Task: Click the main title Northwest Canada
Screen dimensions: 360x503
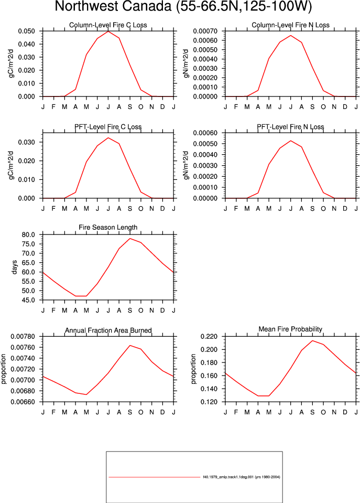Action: point(113,6)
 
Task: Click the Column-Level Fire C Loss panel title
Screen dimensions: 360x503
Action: point(108,25)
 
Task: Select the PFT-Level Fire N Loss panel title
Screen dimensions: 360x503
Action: point(290,127)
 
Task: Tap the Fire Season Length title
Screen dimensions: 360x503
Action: point(108,228)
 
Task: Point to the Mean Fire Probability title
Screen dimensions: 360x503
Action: point(290,329)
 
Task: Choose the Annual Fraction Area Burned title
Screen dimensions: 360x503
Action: point(108,330)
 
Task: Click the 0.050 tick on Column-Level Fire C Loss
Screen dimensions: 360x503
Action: point(26,31)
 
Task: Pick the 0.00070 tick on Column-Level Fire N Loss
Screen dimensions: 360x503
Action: point(205,31)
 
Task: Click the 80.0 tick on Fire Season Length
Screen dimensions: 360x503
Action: point(28,234)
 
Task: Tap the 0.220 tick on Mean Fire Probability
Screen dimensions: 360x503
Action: point(209,337)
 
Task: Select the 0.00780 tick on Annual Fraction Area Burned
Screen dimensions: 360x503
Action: point(23,337)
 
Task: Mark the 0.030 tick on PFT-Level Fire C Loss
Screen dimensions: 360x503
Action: point(26,142)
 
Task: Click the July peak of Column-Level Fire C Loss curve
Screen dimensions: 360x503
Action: point(108,31)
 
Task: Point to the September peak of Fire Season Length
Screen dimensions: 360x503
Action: point(130,238)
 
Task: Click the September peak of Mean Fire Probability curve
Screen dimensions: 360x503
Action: point(312,341)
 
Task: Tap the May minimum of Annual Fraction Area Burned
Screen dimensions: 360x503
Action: point(86,394)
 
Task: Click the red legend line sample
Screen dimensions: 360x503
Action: point(154,477)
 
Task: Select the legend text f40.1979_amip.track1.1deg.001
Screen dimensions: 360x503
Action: point(228,477)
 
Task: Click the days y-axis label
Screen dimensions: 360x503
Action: point(14,267)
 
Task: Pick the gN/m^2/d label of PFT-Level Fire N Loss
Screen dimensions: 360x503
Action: point(186,165)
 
